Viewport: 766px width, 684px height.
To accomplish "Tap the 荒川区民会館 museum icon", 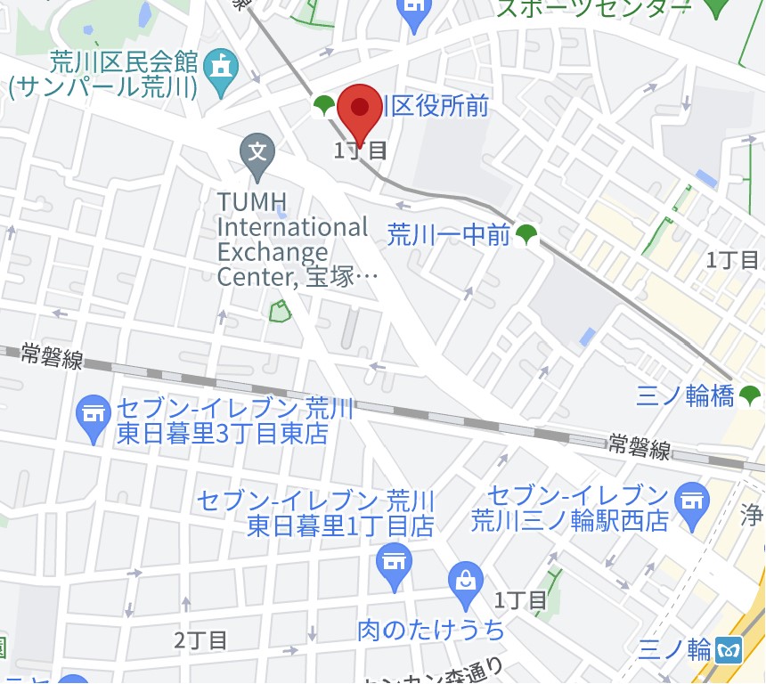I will [x=220, y=64].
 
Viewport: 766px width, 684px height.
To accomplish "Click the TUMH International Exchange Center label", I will [x=294, y=240].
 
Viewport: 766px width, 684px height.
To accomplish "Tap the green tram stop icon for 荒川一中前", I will [x=527, y=234].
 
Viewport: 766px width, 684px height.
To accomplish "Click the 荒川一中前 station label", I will [x=448, y=235].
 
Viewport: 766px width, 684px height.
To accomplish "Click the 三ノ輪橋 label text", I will [x=685, y=396].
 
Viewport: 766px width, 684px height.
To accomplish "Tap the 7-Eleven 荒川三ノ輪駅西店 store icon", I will [x=690, y=496].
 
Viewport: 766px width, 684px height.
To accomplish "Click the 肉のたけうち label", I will [x=431, y=630].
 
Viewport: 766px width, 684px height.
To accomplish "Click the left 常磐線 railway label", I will [x=53, y=358].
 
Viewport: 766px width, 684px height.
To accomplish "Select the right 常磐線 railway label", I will [x=640, y=447].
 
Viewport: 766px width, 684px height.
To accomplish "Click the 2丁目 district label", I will [x=200, y=639].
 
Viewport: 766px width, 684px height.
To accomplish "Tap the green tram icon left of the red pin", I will [x=323, y=106].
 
